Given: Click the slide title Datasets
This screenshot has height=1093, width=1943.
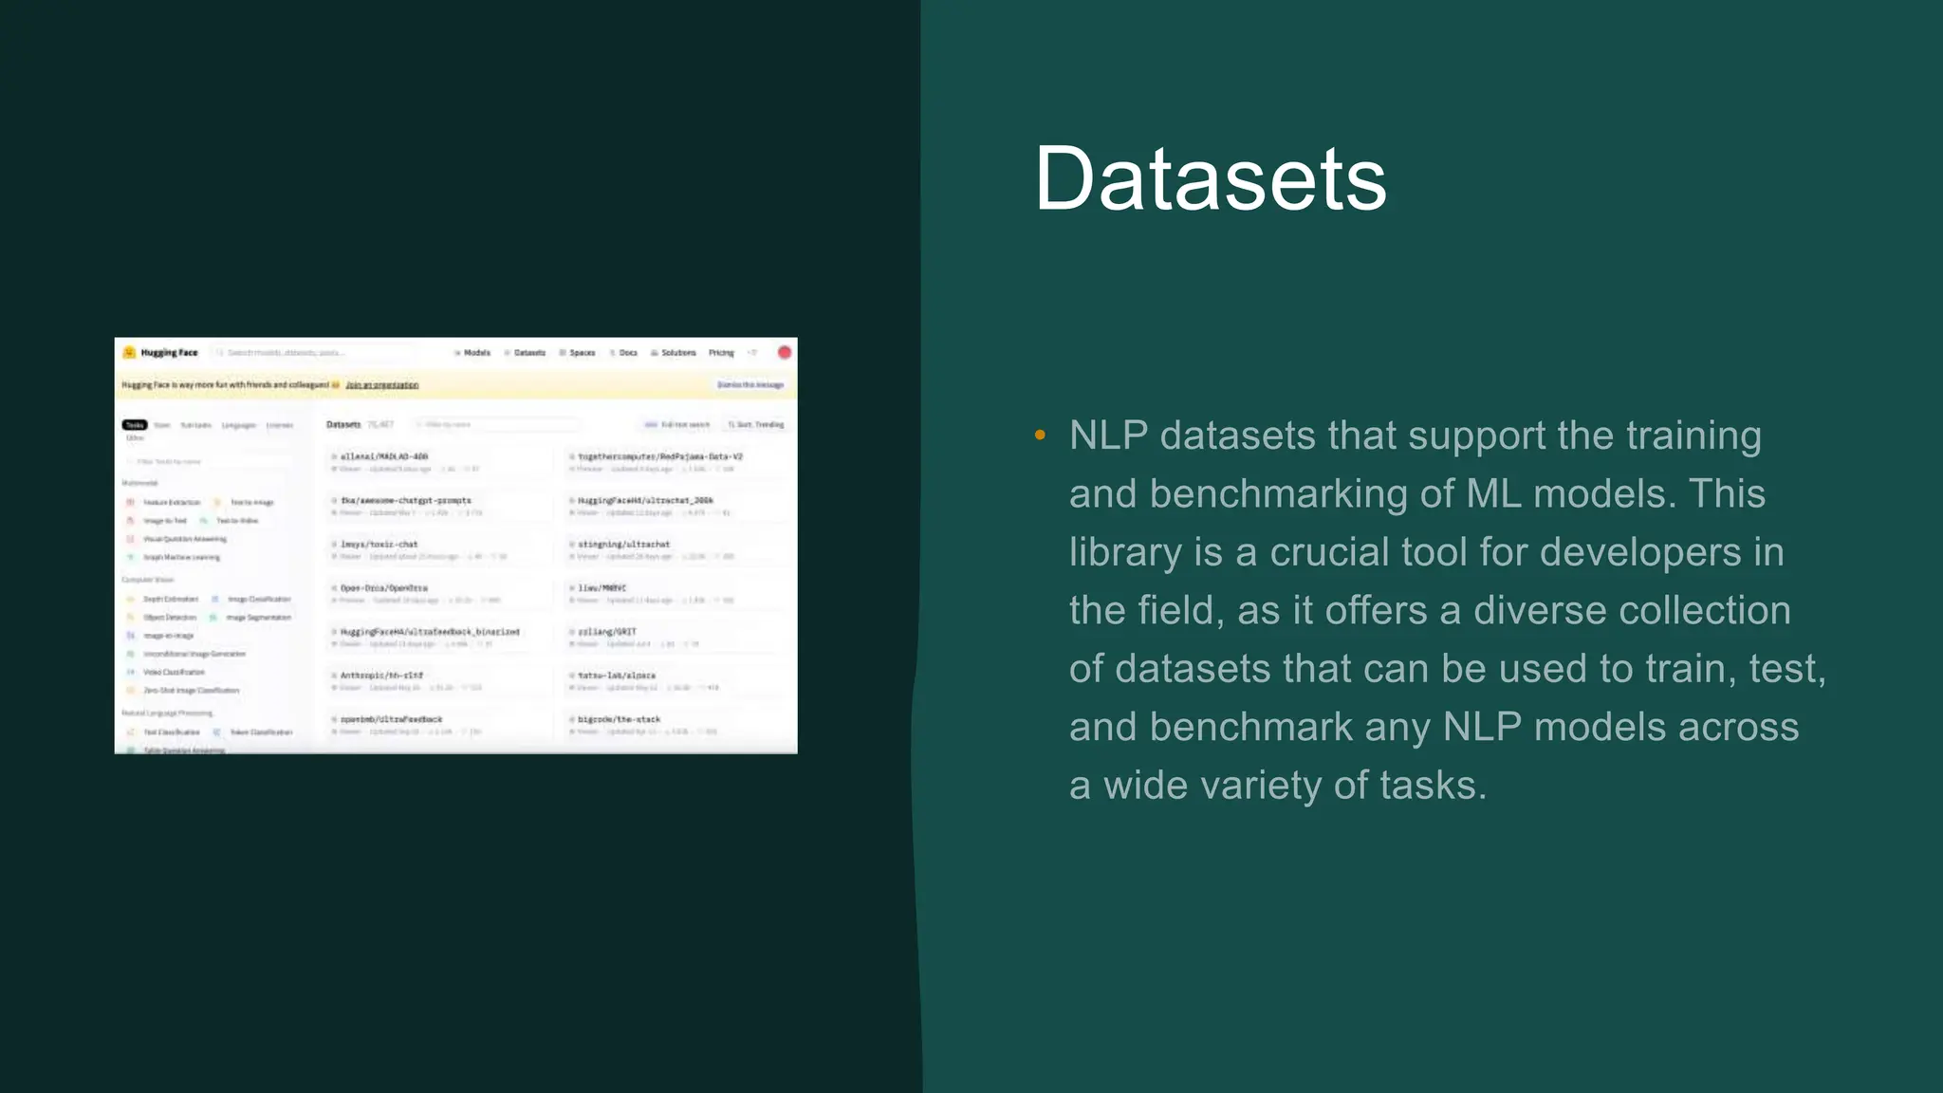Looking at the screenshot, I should click(x=1210, y=178).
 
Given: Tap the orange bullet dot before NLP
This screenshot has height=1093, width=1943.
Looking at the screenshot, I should click(x=1040, y=435).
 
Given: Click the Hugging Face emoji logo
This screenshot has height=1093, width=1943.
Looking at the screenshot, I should click(x=130, y=352).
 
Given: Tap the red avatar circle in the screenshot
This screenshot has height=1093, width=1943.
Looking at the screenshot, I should click(x=785, y=352).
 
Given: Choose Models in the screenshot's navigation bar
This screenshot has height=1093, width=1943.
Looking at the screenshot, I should click(x=475, y=353).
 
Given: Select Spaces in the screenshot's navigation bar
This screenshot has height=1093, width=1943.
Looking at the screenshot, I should click(x=581, y=353).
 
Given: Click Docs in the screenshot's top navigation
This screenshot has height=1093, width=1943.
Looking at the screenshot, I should click(x=627, y=353).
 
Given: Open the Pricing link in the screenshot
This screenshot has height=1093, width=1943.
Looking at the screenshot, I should click(x=721, y=353).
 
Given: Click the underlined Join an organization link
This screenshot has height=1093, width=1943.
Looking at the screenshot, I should click(x=381, y=385).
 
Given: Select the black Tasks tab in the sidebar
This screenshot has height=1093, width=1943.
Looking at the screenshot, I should click(x=135, y=425).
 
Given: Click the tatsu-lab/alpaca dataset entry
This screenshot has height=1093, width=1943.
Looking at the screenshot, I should click(x=616, y=676).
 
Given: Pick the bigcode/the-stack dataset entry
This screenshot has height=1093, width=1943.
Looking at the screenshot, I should click(x=619, y=719).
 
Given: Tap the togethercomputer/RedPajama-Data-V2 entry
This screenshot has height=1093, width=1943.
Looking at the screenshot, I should click(x=659, y=456).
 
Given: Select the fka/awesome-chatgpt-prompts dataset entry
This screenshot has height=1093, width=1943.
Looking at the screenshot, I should click(x=405, y=500).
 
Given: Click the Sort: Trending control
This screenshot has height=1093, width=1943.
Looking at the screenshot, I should click(x=757, y=425).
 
